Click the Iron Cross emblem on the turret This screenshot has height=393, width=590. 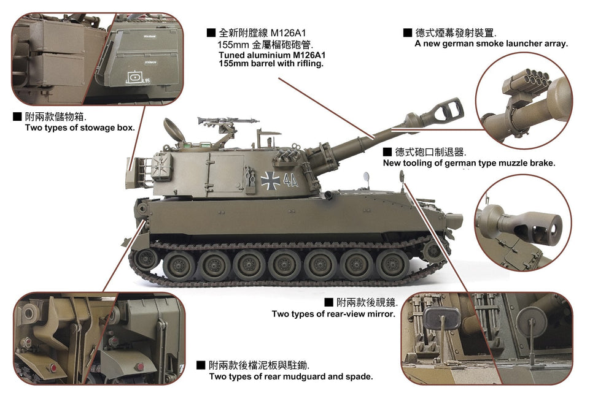click(x=271, y=181)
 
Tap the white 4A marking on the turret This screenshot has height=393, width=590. click(x=290, y=180)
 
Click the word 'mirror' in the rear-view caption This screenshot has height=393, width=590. click(x=382, y=314)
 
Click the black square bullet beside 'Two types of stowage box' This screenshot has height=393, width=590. click(x=17, y=116)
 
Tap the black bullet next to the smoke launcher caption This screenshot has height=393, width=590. click(x=408, y=32)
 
